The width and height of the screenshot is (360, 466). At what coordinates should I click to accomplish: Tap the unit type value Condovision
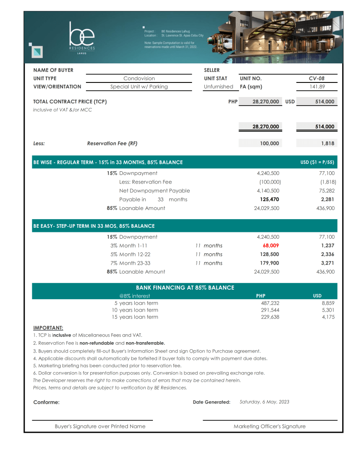[139, 78]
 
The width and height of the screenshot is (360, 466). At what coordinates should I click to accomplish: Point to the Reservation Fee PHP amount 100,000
[270, 143]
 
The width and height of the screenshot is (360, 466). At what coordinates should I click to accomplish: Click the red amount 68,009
[271, 246]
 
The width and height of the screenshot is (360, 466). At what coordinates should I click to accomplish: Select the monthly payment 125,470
[269, 200]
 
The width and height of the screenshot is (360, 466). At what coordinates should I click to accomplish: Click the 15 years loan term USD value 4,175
[328, 317]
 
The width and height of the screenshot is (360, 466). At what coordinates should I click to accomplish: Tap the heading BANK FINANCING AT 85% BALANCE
[185, 287]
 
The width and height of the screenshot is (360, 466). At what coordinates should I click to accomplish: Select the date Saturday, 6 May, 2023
[264, 402]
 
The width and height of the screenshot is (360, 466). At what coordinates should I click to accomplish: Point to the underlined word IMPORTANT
[48, 328]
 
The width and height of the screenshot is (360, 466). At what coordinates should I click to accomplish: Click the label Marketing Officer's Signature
[269, 426]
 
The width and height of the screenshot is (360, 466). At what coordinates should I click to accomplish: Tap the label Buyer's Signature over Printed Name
[100, 426]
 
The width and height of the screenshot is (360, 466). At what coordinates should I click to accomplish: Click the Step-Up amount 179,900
[269, 263]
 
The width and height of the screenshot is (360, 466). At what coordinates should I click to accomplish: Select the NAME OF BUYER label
[53, 70]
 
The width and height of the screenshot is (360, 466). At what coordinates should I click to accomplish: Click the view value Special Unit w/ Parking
[139, 87]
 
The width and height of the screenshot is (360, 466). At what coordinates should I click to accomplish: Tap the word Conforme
[46, 402]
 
